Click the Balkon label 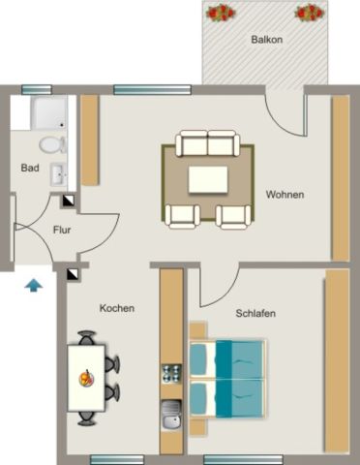click(265, 40)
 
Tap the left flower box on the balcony click(221, 13)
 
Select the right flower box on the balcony click(309, 13)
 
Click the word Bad click(30, 168)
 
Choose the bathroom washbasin click(59, 175)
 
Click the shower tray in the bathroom click(47, 113)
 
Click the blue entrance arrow click(34, 285)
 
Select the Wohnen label click(285, 194)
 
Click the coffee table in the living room click(208, 180)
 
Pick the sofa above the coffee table click(208, 145)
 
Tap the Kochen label click(116, 308)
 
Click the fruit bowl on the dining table click(87, 379)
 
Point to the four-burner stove click(171, 372)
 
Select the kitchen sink click(171, 416)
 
